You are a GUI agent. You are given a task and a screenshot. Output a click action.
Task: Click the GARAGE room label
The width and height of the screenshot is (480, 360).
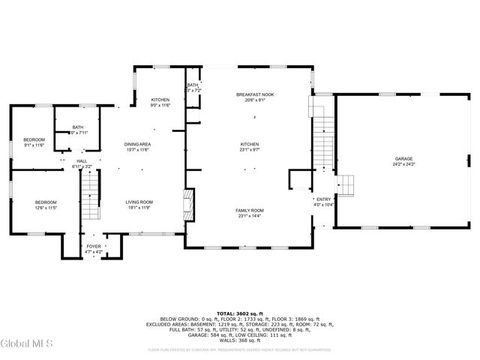[404, 160]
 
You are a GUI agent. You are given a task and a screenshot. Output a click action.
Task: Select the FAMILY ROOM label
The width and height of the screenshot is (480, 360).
[250, 211]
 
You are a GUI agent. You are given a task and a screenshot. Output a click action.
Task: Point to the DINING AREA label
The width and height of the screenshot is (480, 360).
[137, 144]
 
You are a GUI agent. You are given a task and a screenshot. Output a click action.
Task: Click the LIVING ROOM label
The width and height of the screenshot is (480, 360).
[139, 202]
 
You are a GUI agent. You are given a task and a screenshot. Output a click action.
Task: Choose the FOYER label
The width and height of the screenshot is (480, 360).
[94, 246]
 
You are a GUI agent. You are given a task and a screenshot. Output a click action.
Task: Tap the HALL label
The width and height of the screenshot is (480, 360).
[82, 160]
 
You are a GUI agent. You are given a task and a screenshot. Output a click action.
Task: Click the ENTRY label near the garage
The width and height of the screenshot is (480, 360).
[323, 199]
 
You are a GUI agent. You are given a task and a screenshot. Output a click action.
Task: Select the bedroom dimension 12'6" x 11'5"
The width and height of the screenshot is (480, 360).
[45, 208]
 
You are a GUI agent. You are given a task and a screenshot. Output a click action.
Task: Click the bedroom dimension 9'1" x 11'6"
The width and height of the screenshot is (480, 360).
[34, 145]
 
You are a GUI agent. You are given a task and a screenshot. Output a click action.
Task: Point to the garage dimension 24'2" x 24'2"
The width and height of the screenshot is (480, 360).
[404, 165]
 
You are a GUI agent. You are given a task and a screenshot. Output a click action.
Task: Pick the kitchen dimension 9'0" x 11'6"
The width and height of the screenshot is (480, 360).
[160, 106]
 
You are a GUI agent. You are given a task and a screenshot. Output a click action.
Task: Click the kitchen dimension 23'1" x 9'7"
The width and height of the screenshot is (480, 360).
[250, 150]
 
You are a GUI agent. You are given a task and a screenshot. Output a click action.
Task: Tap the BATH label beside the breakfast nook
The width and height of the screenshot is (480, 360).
[193, 85]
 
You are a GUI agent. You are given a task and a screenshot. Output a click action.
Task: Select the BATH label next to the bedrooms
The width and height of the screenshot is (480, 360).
[78, 127]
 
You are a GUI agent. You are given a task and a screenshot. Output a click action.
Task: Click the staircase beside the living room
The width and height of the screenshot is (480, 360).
[90, 193]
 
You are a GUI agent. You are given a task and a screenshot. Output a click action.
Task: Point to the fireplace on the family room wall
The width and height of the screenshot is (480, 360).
[190, 203]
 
